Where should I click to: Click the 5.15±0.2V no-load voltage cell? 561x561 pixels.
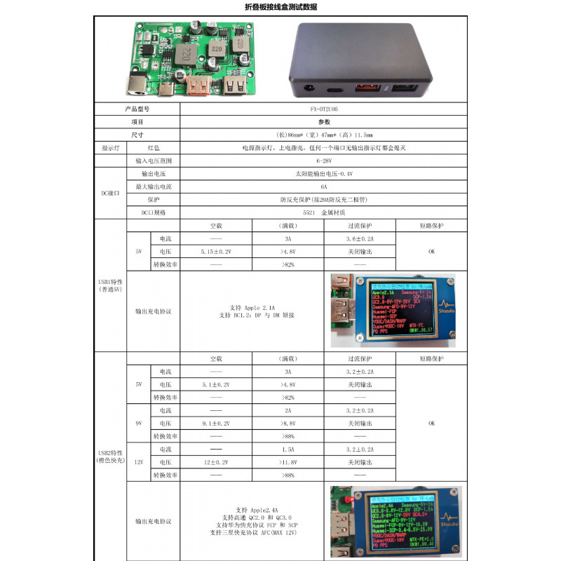point(216,251)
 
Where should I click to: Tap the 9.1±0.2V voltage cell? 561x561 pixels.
point(216,423)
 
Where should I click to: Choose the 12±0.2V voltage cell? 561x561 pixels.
point(216,462)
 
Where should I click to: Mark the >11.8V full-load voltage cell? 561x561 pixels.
point(288,462)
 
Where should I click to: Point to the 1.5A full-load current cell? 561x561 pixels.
point(288,449)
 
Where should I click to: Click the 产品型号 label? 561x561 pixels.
point(137,109)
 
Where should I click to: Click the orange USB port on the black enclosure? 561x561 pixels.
point(366,90)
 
